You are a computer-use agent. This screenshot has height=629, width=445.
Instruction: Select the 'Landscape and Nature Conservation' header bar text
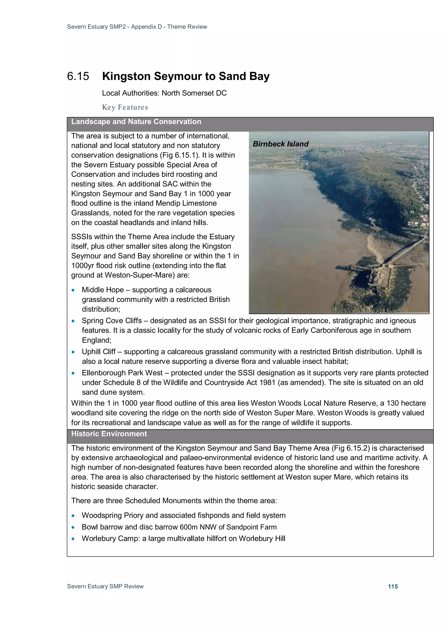[136, 122]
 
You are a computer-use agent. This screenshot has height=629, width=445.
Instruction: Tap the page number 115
[393, 586]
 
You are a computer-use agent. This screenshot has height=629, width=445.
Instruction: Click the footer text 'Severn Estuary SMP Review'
[105, 586]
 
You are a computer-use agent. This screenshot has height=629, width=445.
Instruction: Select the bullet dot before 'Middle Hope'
[73, 290]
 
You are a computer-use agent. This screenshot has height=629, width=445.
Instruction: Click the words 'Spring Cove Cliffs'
[112, 321]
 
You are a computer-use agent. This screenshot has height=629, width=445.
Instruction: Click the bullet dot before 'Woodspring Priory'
[73, 516]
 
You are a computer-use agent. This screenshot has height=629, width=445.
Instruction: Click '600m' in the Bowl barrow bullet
[189, 527]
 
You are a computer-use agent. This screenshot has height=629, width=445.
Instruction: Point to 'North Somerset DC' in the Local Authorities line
[194, 93]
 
